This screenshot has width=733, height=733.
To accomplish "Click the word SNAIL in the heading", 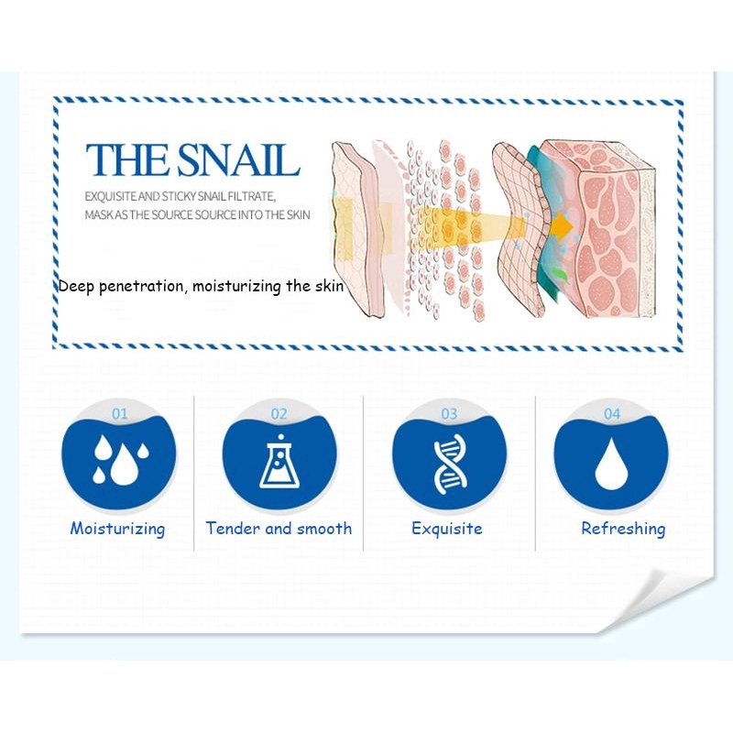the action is [237, 159].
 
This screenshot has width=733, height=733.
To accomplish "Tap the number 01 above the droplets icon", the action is [120, 414].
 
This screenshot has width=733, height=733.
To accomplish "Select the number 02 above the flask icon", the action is [279, 414].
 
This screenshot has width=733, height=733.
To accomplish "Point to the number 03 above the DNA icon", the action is [449, 414].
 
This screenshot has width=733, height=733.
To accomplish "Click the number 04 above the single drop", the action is [612, 414].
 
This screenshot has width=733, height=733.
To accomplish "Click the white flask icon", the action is [279, 462].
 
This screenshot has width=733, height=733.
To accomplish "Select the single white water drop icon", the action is [611, 465].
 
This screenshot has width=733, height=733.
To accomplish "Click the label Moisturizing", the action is [118, 530].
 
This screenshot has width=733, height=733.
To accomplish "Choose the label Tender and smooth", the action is [279, 529].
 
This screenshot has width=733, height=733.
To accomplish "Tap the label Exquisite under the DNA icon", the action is [447, 530].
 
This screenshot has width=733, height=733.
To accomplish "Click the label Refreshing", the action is [623, 530].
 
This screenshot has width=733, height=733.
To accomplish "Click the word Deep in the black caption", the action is [77, 286].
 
